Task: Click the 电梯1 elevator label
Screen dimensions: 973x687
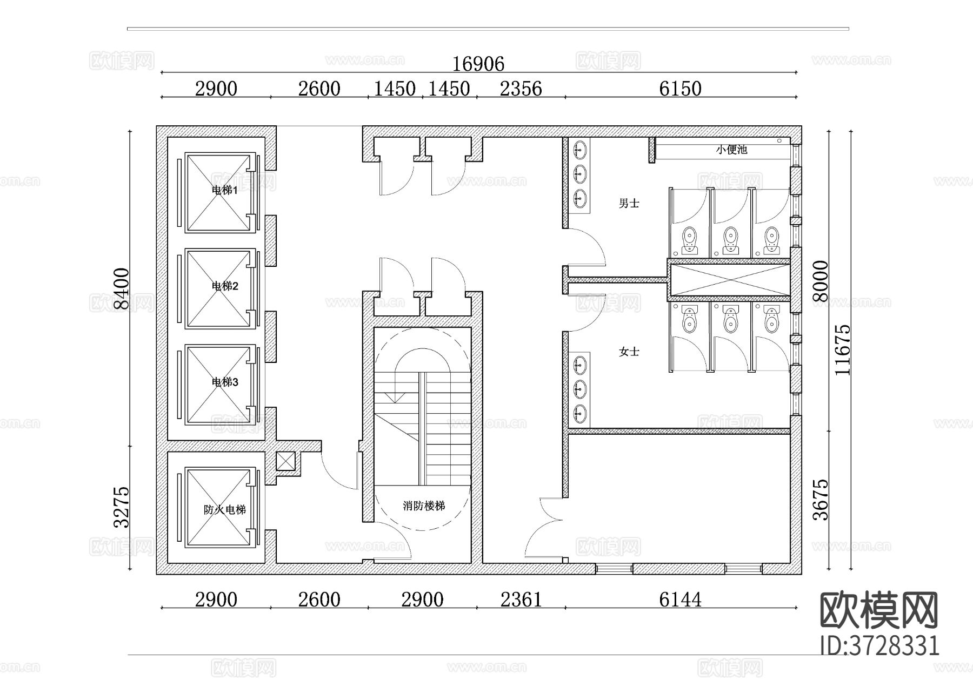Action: click(x=225, y=190)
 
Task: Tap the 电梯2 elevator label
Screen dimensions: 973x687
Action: click(x=225, y=286)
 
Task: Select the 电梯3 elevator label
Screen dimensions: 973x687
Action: click(x=225, y=382)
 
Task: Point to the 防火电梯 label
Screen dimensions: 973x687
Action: click(x=225, y=510)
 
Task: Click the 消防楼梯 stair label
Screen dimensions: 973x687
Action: click(x=424, y=506)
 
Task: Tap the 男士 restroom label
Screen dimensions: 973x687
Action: click(x=629, y=204)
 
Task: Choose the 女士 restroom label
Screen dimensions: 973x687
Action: click(x=629, y=352)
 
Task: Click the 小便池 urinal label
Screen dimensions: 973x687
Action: click(x=731, y=150)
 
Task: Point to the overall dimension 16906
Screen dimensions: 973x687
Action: click(x=478, y=64)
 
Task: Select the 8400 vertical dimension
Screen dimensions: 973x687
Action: click(x=122, y=289)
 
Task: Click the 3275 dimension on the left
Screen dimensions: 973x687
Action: click(x=122, y=507)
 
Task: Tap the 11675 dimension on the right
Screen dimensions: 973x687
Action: click(x=842, y=349)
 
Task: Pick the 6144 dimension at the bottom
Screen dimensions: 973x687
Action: click(x=681, y=600)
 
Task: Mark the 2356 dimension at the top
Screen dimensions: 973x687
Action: click(x=521, y=89)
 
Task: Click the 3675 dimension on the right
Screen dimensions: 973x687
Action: click(x=821, y=500)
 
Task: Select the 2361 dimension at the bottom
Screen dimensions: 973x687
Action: click(x=521, y=600)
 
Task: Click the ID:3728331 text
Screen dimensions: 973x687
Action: click(x=879, y=645)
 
